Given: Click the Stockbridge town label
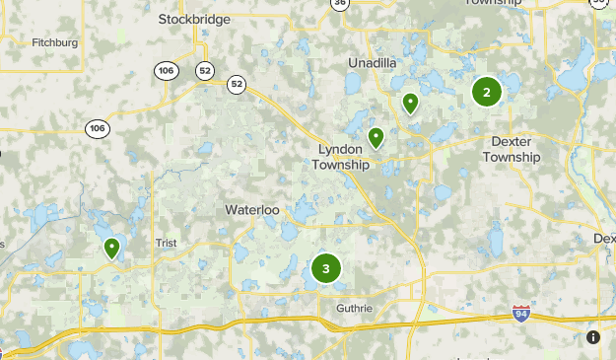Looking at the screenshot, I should pyautogui.click(x=194, y=19).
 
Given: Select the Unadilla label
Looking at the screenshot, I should pyautogui.click(x=373, y=63).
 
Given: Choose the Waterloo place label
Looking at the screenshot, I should pyautogui.click(x=252, y=211).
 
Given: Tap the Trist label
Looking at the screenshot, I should pyautogui.click(x=165, y=243).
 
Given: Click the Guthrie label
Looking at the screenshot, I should pyautogui.click(x=354, y=309).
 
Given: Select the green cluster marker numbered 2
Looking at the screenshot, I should pyautogui.click(x=486, y=92).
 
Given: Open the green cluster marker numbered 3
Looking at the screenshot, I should pyautogui.click(x=326, y=268).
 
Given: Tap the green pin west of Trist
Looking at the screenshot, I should pyautogui.click(x=112, y=248).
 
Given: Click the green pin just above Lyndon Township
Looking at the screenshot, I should pyautogui.click(x=376, y=137).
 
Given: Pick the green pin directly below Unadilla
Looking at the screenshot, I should pyautogui.click(x=410, y=102).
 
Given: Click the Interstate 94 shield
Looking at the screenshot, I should pyautogui.click(x=521, y=314).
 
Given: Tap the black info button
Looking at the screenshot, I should pyautogui.click(x=593, y=337).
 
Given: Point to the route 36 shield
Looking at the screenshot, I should pyautogui.click(x=340, y=4).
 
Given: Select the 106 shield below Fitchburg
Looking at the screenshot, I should pyautogui.click(x=97, y=128).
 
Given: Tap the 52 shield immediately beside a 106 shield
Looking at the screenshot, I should pyautogui.click(x=205, y=69).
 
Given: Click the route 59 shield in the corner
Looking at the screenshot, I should pyautogui.click(x=600, y=4).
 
